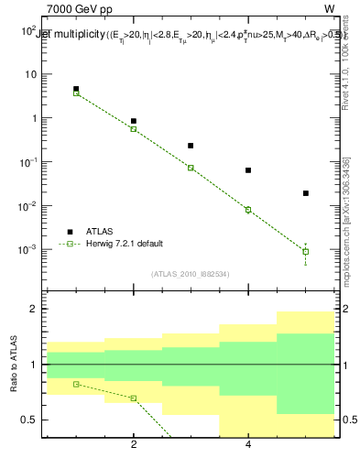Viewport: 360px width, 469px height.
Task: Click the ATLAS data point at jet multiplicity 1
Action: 76,89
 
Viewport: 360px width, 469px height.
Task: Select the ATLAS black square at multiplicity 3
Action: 191,145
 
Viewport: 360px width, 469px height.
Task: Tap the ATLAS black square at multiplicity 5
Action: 306,193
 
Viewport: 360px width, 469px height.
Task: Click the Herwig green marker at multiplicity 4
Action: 248,210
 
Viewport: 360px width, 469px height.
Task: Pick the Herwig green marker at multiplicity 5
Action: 306,251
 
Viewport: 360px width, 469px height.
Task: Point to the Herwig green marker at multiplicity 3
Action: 191,168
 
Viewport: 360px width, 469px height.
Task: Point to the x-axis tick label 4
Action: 248,445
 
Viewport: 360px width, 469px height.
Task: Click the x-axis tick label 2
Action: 134,445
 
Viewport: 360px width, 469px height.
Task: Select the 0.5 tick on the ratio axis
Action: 33,420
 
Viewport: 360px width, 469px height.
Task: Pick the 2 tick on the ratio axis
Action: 38,310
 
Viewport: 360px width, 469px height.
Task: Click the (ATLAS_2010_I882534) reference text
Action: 190,274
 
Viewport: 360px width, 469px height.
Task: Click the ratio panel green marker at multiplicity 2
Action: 134,398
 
